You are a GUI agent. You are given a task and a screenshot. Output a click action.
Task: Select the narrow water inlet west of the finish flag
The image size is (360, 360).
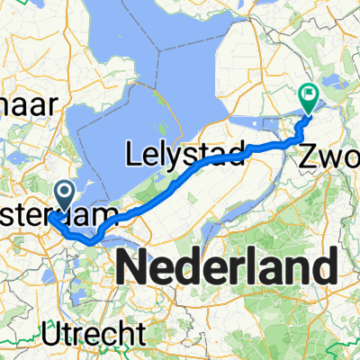click(270, 122)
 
